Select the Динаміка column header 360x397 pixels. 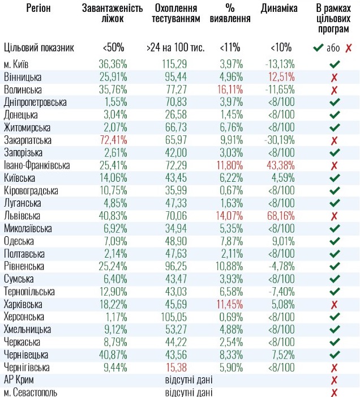pos(280,8)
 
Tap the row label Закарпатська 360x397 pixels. pos(28,139)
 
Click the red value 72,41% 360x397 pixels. pos(115,139)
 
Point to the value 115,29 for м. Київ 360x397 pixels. pos(174,64)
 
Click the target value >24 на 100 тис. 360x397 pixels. pos(175,48)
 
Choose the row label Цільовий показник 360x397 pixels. pos(38,48)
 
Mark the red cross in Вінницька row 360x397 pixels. pos(334,77)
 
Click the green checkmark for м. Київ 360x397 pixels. pos(334,65)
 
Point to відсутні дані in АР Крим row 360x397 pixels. pos(188,379)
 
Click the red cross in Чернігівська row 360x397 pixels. pos(334,367)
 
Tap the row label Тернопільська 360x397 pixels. pos(29,291)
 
